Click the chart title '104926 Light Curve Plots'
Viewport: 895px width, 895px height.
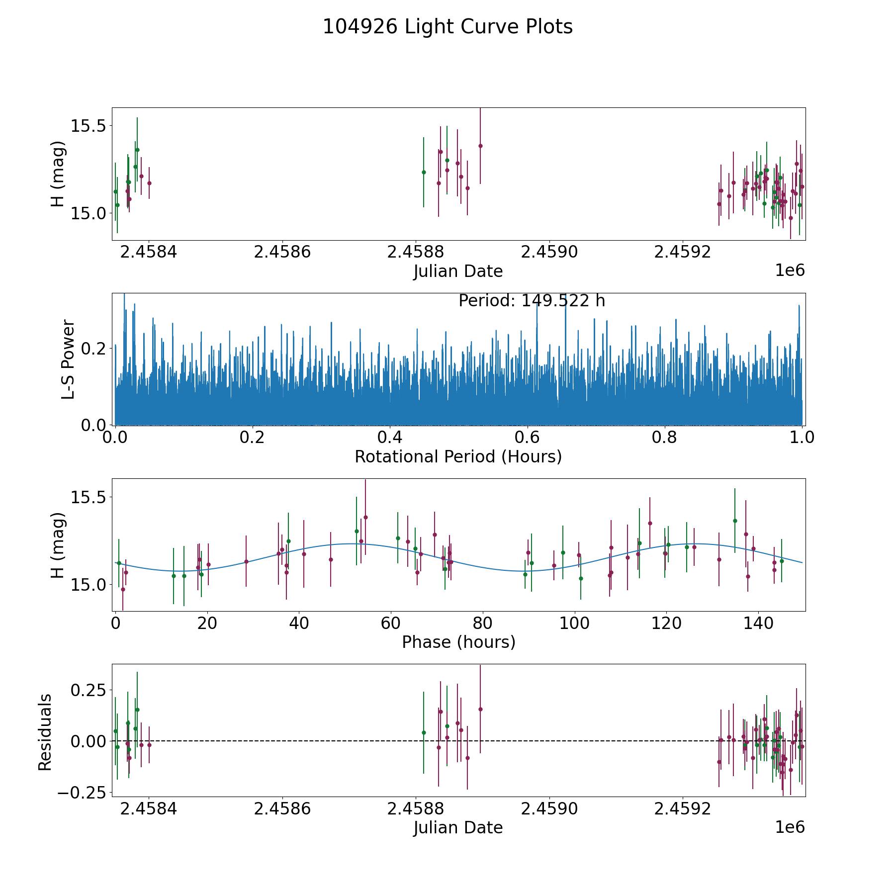pos(447,27)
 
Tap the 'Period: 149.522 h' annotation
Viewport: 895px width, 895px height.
pos(532,301)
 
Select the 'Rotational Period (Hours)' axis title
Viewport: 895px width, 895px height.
pos(458,456)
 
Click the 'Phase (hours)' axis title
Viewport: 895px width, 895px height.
pos(458,642)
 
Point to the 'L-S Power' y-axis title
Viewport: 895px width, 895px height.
pos(68,359)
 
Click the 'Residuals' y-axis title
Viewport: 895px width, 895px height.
pos(45,732)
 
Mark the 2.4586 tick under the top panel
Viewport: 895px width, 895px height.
pos(282,252)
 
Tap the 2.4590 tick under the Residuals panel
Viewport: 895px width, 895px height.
pos(549,809)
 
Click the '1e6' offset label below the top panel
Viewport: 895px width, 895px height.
pos(790,270)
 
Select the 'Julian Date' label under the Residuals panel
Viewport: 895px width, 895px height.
pos(458,828)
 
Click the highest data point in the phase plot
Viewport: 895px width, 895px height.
pos(365,517)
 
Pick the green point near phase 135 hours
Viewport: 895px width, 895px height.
pos(735,521)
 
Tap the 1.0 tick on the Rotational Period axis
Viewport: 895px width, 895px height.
pos(802,438)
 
